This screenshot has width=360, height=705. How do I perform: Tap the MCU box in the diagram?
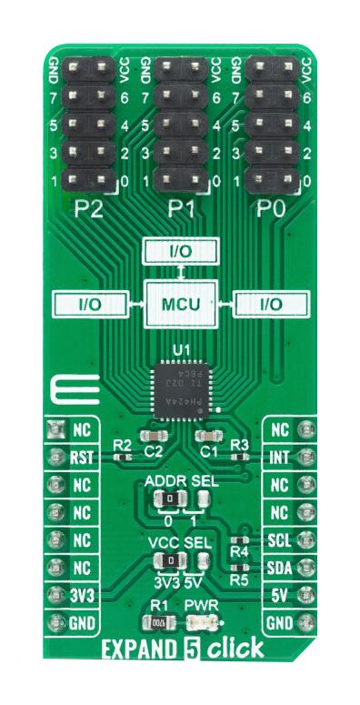(181, 303)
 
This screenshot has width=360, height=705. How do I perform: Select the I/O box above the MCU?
(181, 249)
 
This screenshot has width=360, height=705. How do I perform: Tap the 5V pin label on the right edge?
(279, 595)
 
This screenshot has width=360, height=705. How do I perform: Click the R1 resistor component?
(159, 624)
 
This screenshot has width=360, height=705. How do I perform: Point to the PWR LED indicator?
(200, 624)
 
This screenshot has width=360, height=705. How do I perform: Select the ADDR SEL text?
(179, 478)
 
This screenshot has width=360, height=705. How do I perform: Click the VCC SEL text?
(179, 542)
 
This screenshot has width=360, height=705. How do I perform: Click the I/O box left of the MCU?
(88, 303)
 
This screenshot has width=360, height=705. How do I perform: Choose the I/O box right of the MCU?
(271, 303)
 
